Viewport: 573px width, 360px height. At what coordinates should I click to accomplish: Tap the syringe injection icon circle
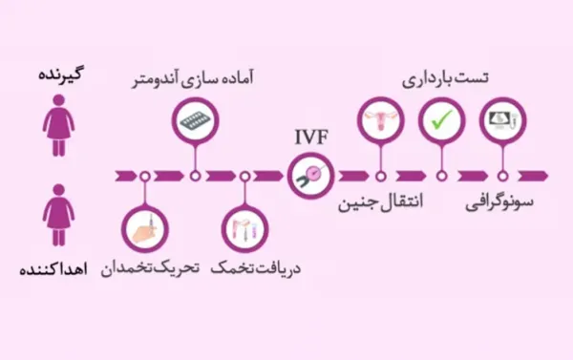pyautogui.click(x=144, y=229)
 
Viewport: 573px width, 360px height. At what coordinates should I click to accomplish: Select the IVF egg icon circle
pyautogui.click(x=310, y=176)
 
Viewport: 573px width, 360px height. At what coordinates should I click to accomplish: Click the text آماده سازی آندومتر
pyautogui.click(x=196, y=77)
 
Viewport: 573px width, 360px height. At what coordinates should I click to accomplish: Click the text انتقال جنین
pyautogui.click(x=381, y=204)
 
